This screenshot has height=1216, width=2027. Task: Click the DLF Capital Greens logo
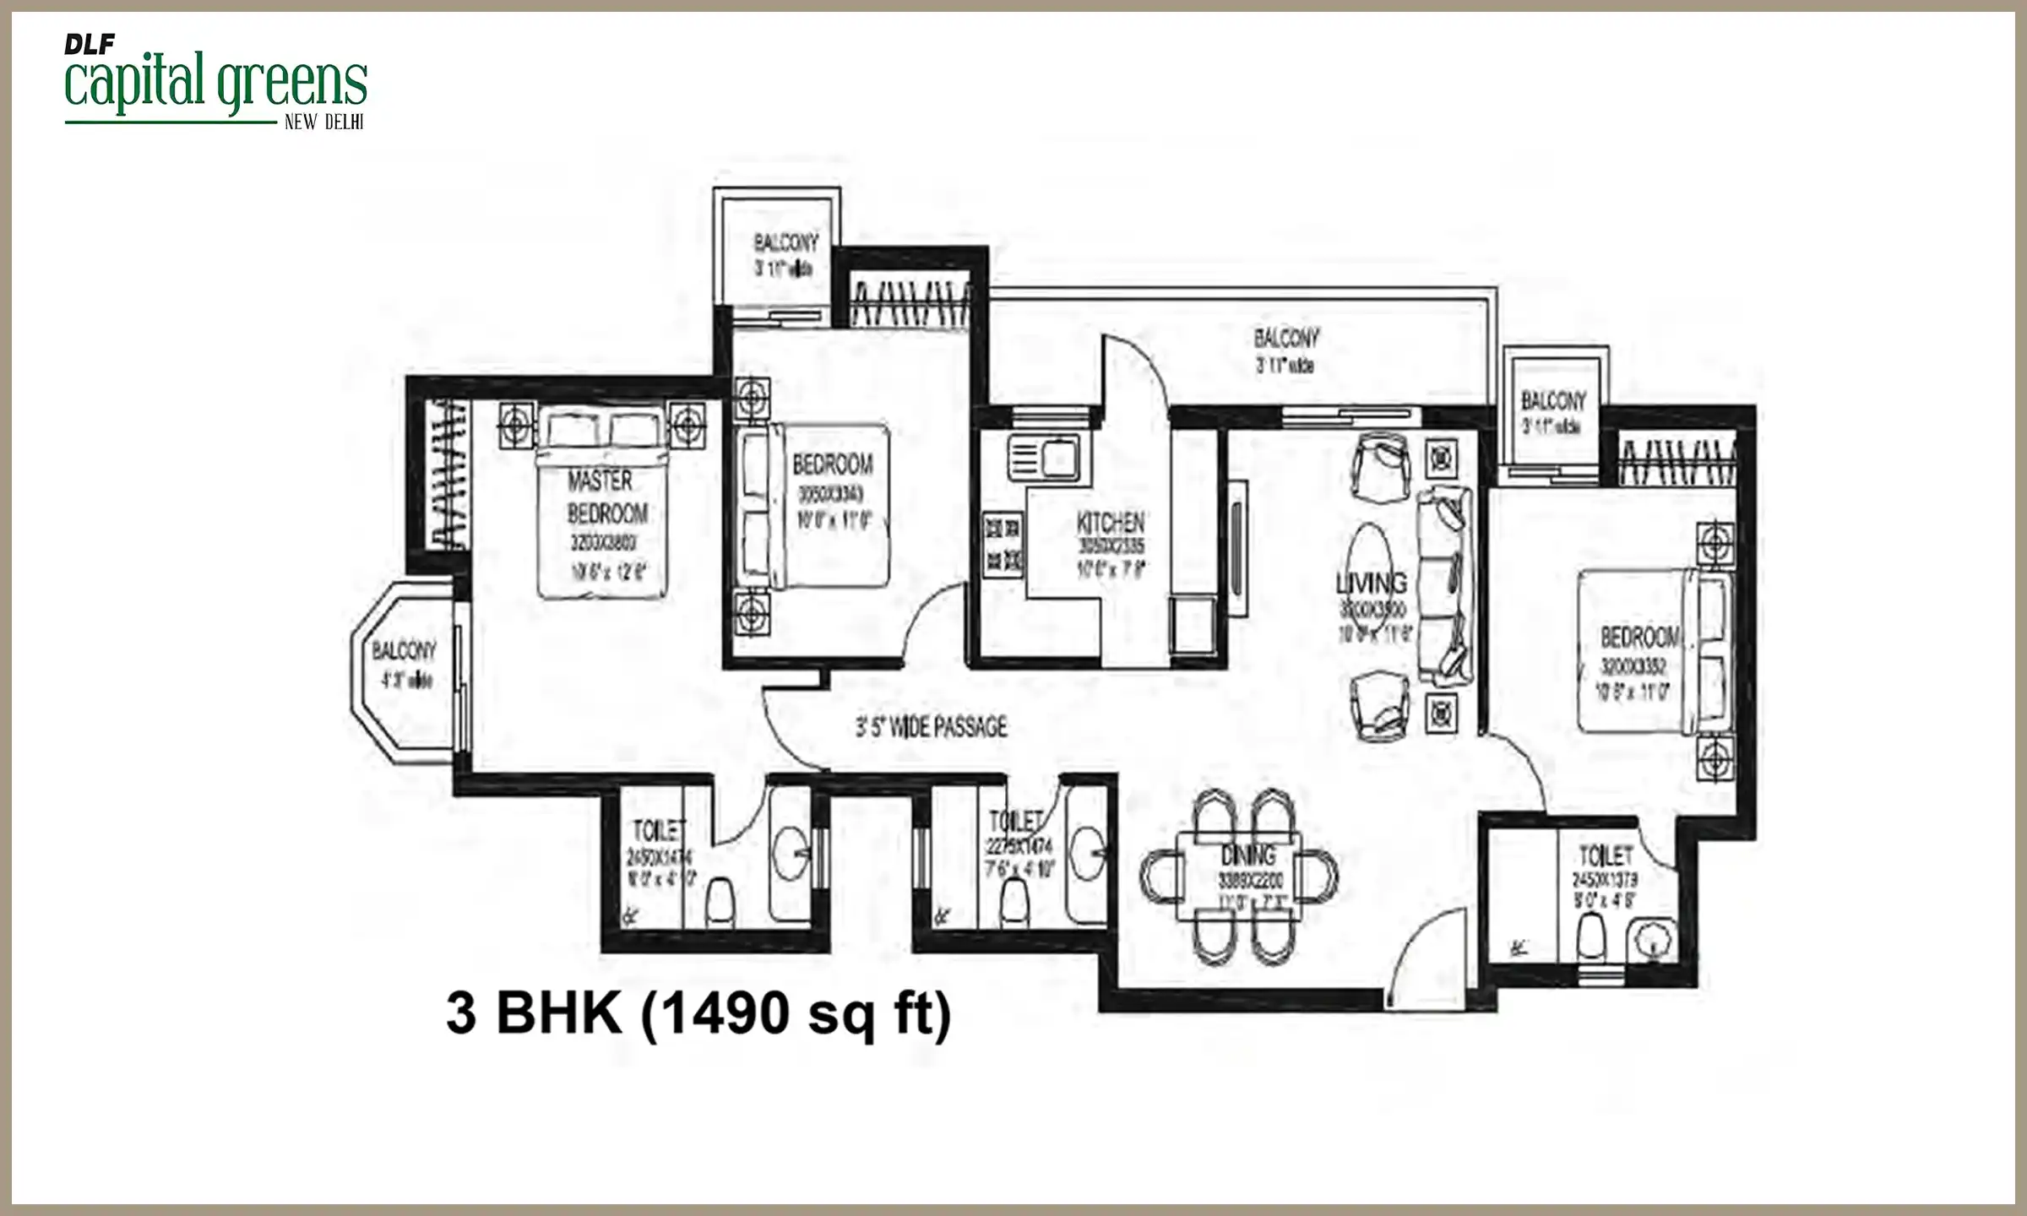point(215,81)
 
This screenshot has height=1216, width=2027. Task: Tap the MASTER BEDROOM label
point(607,497)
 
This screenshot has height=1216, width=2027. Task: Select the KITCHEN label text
point(1110,523)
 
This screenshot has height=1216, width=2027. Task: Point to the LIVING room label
point(1372,583)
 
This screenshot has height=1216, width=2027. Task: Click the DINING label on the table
point(1248,855)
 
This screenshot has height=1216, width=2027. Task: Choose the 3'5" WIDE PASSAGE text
point(932,727)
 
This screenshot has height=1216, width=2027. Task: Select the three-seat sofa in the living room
point(1445,586)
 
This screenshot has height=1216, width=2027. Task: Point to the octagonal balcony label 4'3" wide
point(405,664)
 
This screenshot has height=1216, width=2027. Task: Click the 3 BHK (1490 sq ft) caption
point(698,1012)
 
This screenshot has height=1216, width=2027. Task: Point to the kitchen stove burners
point(1003,545)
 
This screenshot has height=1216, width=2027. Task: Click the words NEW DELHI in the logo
point(323,122)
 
